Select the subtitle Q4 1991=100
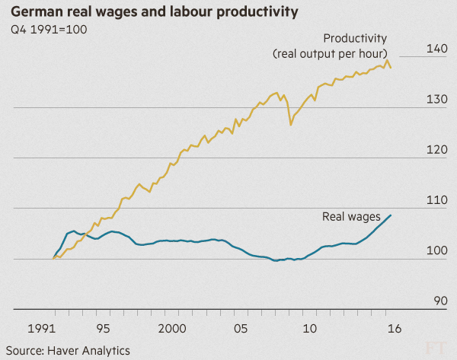(x=49, y=30)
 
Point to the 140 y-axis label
(x=436, y=49)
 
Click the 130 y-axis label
(x=436, y=99)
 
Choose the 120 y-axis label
(x=436, y=150)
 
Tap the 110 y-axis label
(x=436, y=200)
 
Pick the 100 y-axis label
(x=436, y=250)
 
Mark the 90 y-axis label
(x=440, y=301)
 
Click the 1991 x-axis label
(x=41, y=329)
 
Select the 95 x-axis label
(x=103, y=329)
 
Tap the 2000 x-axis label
(x=172, y=329)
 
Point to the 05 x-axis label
(x=241, y=329)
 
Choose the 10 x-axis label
(x=309, y=329)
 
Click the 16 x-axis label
(x=395, y=329)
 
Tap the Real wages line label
(x=351, y=217)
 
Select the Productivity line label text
(x=330, y=46)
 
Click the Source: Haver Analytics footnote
(x=68, y=351)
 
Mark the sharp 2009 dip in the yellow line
(x=291, y=124)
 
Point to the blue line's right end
(x=391, y=215)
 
